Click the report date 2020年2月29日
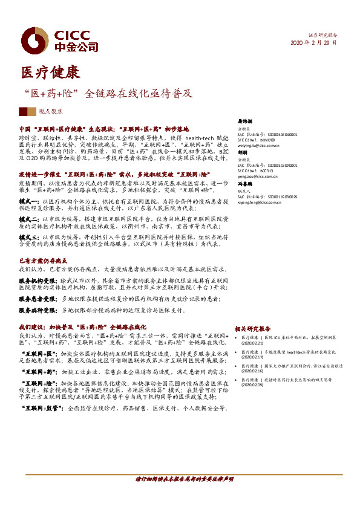click(314, 43)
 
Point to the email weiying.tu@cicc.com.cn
click(258, 146)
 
